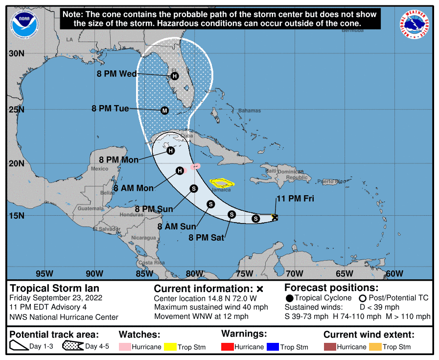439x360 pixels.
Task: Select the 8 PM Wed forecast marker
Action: pyautogui.click(x=175, y=76)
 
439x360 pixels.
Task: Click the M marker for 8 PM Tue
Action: pyautogui.click(x=164, y=111)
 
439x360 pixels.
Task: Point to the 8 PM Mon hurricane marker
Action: pyautogui.click(x=170, y=151)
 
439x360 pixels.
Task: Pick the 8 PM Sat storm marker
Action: pyautogui.click(x=232, y=214)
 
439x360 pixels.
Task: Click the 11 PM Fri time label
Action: pyautogui.click(x=295, y=199)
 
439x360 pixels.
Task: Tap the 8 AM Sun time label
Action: pyautogui.click(x=176, y=226)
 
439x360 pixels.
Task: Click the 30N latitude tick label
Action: pyautogui.click(x=16, y=53)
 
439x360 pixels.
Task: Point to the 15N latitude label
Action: pyautogui.click(x=16, y=216)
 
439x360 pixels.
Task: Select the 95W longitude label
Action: pyautogui.click(x=44, y=273)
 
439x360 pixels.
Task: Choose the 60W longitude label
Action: pyautogui.click(x=394, y=273)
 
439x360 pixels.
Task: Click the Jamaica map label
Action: pyautogui.click(x=221, y=189)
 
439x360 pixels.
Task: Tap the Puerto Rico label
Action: pyautogui.click(x=328, y=182)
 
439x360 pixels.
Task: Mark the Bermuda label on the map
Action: pyautogui.click(x=353, y=30)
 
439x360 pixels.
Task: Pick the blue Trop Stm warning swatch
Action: pyautogui.click(x=272, y=347)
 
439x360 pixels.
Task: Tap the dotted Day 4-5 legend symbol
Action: pyautogui.click(x=72, y=347)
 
